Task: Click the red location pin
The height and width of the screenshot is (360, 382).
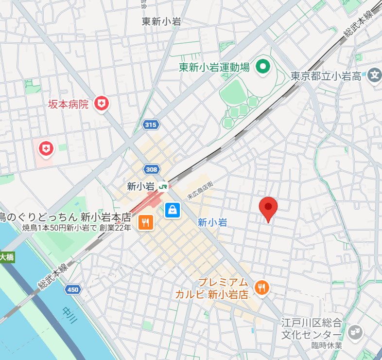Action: tap(268, 209)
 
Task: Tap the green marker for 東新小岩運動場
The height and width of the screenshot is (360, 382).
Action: tap(263, 66)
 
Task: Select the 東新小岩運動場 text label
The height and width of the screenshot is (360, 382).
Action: tap(213, 67)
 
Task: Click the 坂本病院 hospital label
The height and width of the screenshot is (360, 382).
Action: tap(69, 104)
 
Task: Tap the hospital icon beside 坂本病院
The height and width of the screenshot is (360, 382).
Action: tap(102, 103)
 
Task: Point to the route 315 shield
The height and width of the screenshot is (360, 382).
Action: tap(151, 125)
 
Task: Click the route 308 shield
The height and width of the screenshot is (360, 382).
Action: tap(151, 169)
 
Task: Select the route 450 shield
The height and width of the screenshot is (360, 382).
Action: tap(72, 290)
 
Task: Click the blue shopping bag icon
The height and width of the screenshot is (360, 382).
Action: tap(172, 210)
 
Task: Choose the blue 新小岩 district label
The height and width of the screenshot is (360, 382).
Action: tap(212, 222)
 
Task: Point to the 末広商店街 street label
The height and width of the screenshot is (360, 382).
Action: tap(200, 189)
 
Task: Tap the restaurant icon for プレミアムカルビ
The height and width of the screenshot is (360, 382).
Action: tap(262, 287)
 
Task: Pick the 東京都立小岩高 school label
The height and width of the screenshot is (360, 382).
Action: tap(326, 76)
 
